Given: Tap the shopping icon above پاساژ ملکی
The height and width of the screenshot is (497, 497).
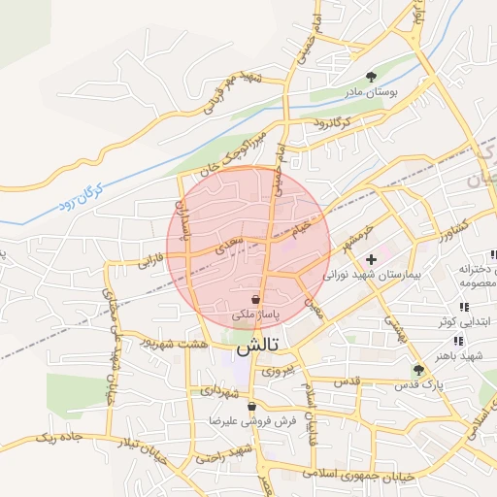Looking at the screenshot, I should tap(255, 299).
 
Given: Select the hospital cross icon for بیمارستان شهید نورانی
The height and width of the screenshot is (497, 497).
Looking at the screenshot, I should tap(371, 260).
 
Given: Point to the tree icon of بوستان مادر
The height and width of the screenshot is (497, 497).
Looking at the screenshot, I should tap(371, 76).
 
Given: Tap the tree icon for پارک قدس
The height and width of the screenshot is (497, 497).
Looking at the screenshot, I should tap(418, 370).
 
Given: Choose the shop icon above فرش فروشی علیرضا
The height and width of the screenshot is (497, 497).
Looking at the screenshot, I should tap(252, 407).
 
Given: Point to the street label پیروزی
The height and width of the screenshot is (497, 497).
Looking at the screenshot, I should tap(276, 370).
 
